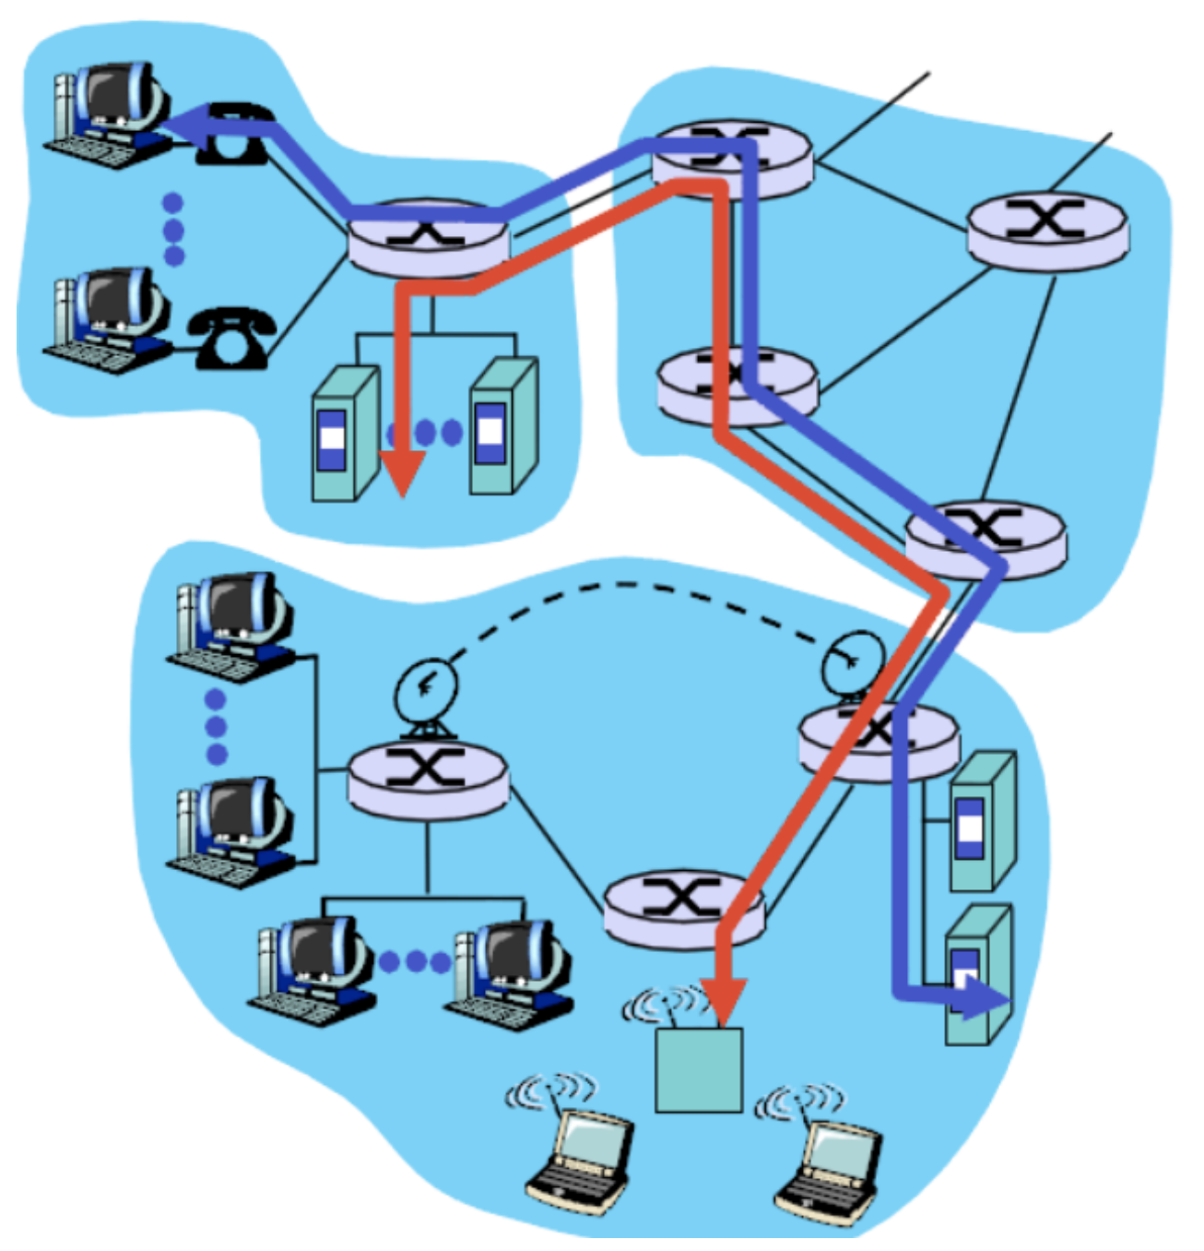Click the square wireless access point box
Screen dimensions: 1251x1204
pyautogui.click(x=698, y=1069)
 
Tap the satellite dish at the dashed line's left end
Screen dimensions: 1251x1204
pyautogui.click(x=425, y=692)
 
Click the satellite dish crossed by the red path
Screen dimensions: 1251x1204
pyautogui.click(x=854, y=662)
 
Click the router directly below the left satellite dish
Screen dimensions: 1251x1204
pyautogui.click(x=428, y=780)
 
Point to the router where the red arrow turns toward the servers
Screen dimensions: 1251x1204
pyautogui.click(x=428, y=237)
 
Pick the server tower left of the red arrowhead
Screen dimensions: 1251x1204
pyautogui.click(x=344, y=434)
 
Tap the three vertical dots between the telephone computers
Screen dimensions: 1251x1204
pyautogui.click(x=172, y=229)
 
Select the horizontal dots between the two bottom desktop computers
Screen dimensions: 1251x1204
pyautogui.click(x=415, y=962)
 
